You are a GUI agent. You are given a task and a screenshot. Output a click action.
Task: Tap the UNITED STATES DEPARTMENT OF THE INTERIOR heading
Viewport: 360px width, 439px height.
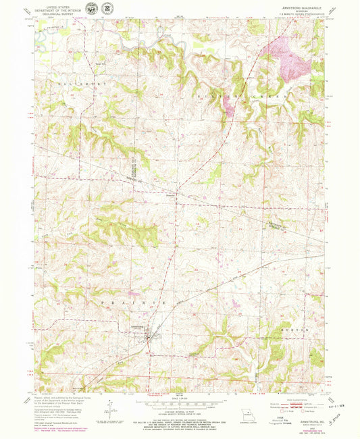(x=57, y=8)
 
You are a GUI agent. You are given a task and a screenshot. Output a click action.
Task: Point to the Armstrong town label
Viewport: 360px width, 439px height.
(x=138, y=328)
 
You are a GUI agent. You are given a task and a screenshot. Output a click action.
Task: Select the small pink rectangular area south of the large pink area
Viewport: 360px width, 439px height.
(x=228, y=105)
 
